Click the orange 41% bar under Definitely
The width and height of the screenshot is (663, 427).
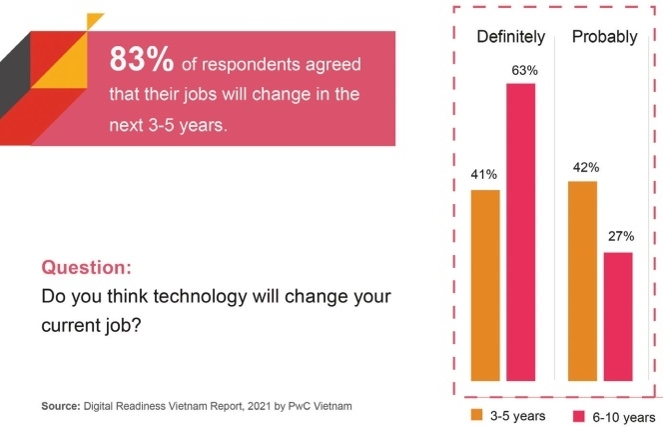click(x=485, y=285)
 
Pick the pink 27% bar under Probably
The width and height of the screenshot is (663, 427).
click(x=619, y=317)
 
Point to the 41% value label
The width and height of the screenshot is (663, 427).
click(x=485, y=175)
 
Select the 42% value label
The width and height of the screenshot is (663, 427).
click(x=582, y=168)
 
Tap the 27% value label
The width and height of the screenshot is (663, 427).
click(x=620, y=238)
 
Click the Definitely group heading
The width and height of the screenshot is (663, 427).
click(x=509, y=38)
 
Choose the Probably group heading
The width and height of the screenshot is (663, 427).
click(x=603, y=38)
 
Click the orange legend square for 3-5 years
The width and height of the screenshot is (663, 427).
click(x=479, y=415)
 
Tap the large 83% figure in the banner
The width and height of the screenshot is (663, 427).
click(x=142, y=62)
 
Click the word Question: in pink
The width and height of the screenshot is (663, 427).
click(x=85, y=268)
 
